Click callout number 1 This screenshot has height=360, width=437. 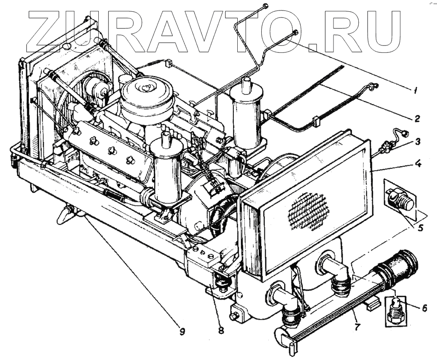click(x=415, y=91)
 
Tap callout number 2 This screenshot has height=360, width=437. click(x=417, y=118)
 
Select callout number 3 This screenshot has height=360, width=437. click(x=418, y=141)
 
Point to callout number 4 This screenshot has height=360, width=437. click(x=418, y=165)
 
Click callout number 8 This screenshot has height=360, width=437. click(x=221, y=330)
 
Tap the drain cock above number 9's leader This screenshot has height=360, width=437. click(x=66, y=214)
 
